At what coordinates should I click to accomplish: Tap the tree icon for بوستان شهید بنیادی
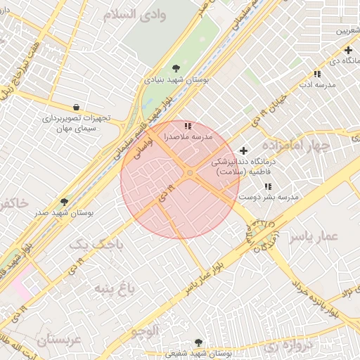click(x=174, y=68)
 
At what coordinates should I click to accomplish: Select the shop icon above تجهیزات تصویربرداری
click(x=76, y=107)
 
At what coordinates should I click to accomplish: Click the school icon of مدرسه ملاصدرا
click(x=187, y=126)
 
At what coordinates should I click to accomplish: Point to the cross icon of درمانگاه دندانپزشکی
click(x=244, y=150)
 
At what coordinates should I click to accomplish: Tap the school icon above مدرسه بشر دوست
click(x=268, y=187)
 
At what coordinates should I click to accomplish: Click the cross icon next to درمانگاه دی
click(x=349, y=50)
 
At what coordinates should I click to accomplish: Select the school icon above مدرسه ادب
click(x=317, y=73)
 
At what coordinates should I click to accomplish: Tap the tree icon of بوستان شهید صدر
click(x=65, y=202)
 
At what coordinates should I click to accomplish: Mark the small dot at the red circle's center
click(x=190, y=172)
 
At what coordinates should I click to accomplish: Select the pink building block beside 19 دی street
click(x=19, y=285)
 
